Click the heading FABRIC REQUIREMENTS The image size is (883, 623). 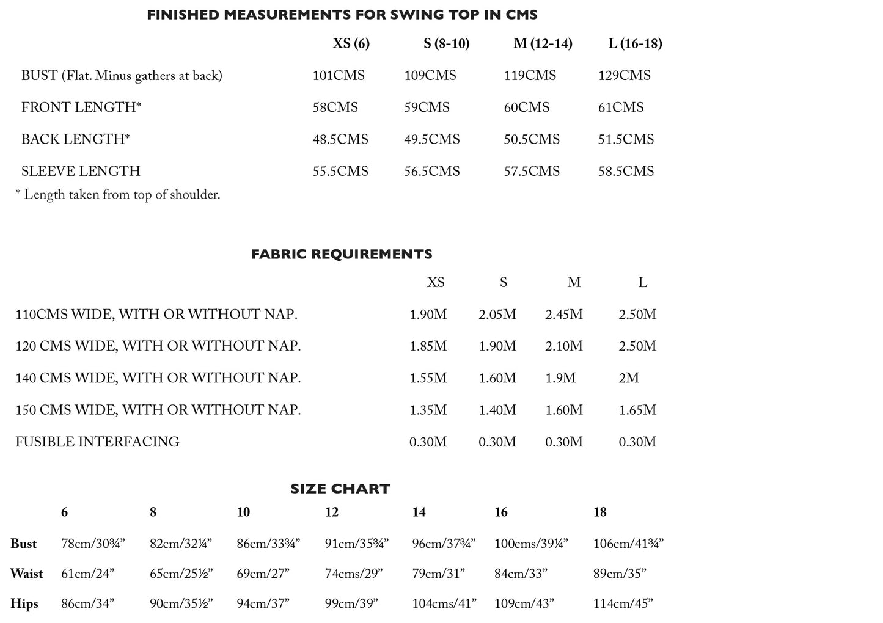[x=342, y=254]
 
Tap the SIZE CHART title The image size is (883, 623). [x=340, y=489]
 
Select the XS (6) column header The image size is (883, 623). [x=351, y=43]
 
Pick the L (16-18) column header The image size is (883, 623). [x=635, y=43]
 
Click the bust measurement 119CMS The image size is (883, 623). [x=530, y=76]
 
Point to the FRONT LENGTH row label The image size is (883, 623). [x=81, y=107]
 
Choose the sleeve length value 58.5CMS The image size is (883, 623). [x=626, y=171]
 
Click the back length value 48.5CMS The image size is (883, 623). [x=340, y=139]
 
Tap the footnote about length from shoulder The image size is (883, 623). [x=117, y=195]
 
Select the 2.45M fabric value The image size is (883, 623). [x=563, y=315]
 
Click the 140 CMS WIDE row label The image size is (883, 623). [x=158, y=378]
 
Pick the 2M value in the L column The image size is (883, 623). [x=629, y=378]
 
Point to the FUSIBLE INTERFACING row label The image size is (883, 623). [x=97, y=442]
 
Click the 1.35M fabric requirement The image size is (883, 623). [x=428, y=410]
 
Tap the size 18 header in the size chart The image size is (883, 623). [x=599, y=512]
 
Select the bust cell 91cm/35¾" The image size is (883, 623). [x=356, y=544]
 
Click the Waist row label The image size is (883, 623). [x=26, y=574]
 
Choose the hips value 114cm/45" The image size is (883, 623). [x=623, y=603]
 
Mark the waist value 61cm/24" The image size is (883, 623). [x=87, y=574]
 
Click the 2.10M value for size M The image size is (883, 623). [x=563, y=346]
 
